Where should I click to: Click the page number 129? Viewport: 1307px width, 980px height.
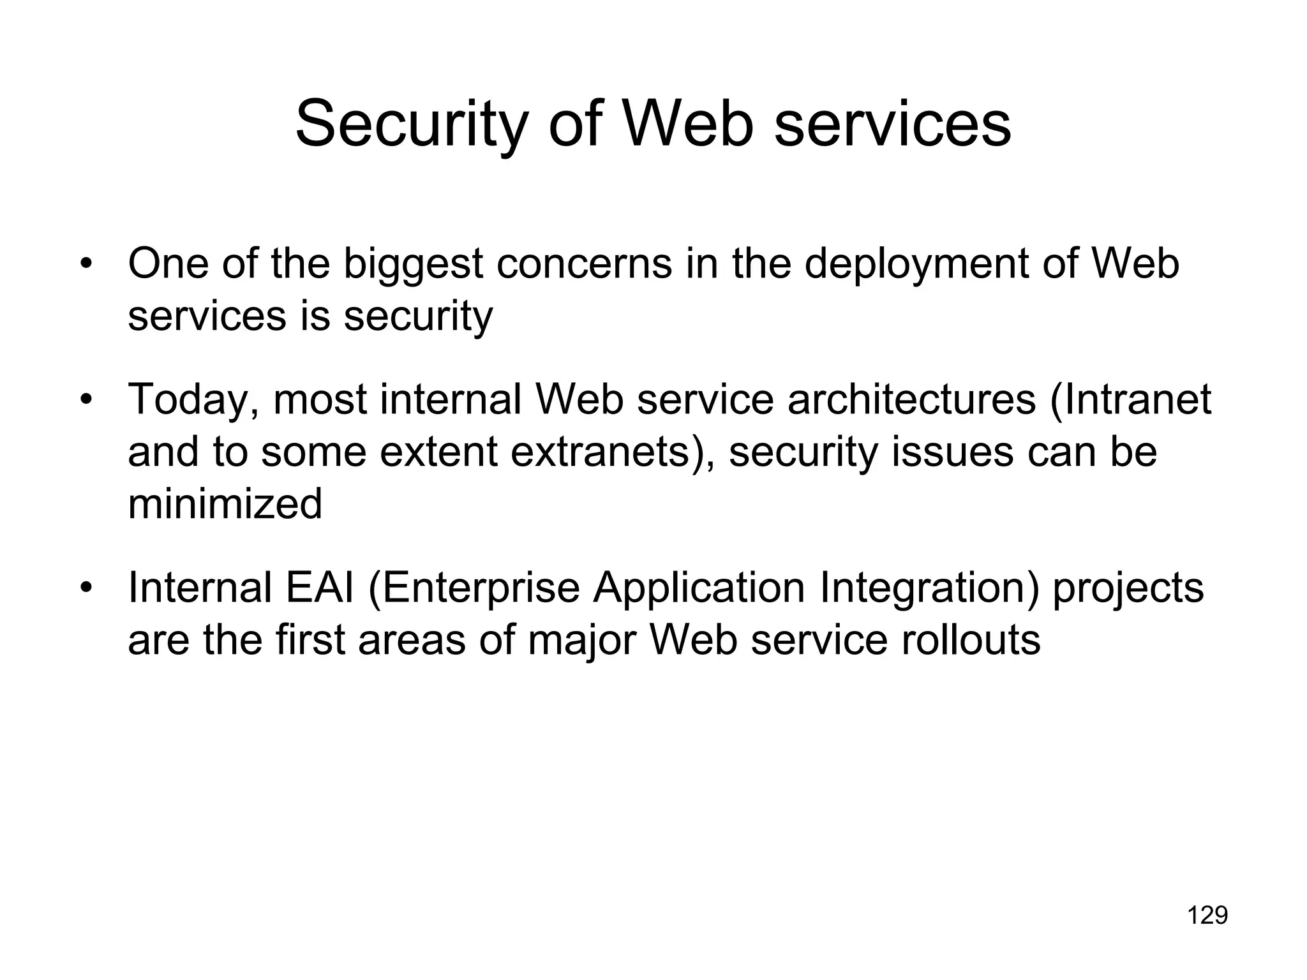click(1207, 916)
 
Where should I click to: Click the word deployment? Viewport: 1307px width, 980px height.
click(916, 264)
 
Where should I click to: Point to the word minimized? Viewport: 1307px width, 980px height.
click(225, 504)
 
